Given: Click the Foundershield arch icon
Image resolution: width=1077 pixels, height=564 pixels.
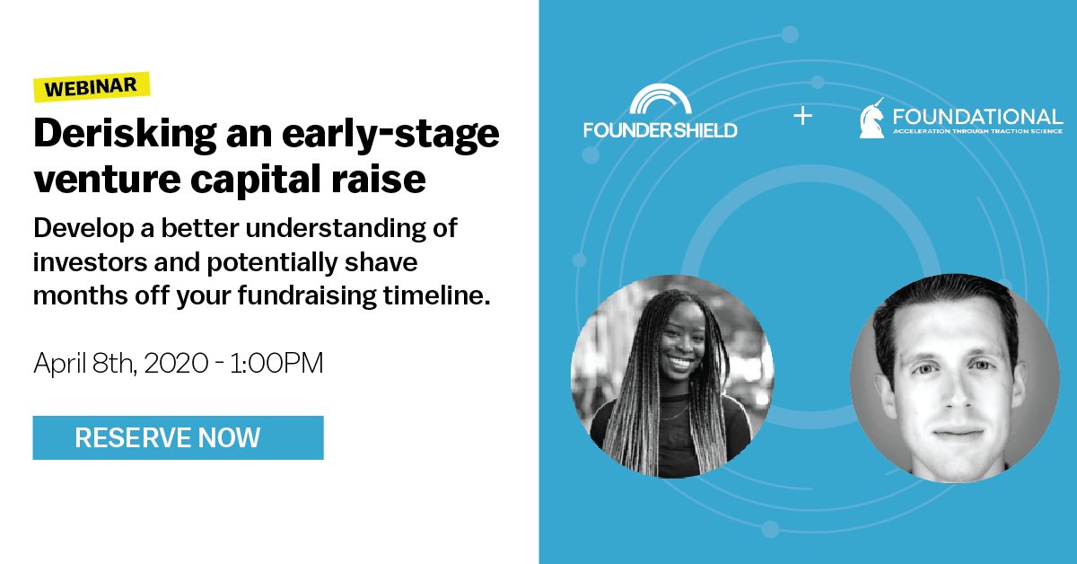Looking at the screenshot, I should (660, 101).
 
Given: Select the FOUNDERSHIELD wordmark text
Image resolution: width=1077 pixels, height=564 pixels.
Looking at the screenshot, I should (660, 129).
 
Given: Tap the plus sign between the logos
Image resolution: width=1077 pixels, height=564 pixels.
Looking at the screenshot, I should (802, 116).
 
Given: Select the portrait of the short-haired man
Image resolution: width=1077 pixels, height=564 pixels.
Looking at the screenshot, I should (954, 378).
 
